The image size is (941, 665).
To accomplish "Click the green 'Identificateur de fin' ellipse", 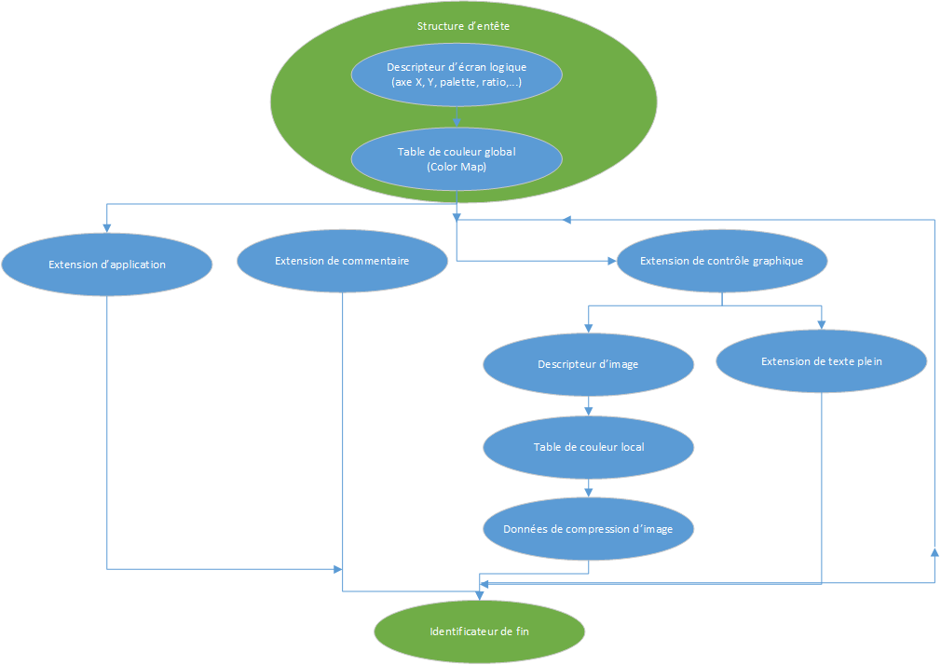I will point(479,631).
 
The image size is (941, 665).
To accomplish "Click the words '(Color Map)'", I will point(457,168).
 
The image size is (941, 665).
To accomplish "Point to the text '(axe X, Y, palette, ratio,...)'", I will point(457,83).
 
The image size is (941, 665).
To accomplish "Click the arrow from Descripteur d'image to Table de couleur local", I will point(588,406).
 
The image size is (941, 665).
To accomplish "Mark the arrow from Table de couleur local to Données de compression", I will point(588,488).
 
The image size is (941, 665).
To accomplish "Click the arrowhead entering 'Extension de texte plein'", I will point(821,325).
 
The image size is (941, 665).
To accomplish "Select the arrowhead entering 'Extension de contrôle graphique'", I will point(611,261).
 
